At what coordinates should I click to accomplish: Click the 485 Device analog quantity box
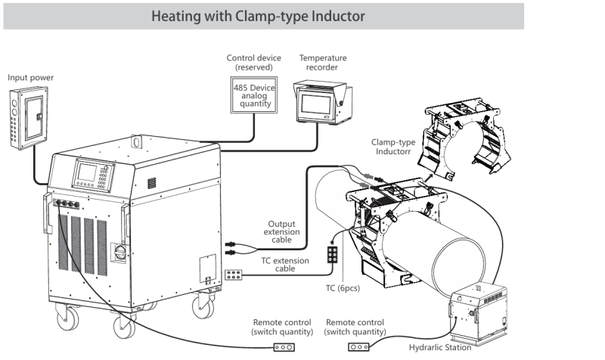point(254,97)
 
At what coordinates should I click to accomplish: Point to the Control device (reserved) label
point(254,62)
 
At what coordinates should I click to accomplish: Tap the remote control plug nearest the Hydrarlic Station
point(358,347)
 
